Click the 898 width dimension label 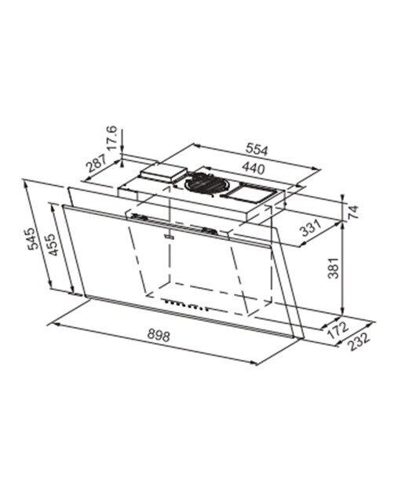[x=159, y=336]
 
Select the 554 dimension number [x=257, y=149]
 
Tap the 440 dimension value [x=253, y=168]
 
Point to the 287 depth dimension [x=96, y=162]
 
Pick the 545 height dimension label [x=33, y=238]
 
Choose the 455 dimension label [x=52, y=245]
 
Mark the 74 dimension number [x=352, y=212]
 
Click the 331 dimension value [x=311, y=227]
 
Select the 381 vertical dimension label [x=334, y=268]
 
